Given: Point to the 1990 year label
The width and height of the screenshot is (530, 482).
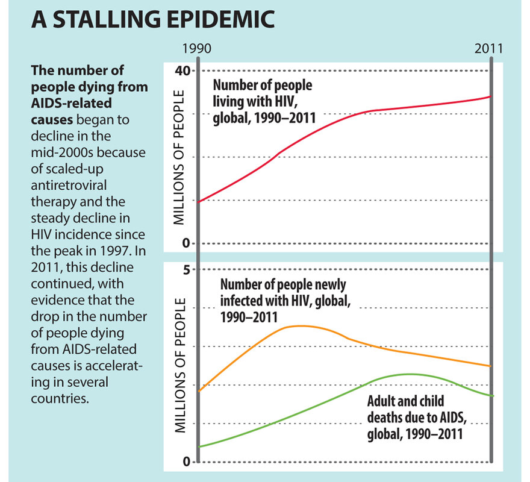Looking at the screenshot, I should click(x=197, y=48).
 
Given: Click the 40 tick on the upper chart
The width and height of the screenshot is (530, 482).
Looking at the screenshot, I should click(x=182, y=70).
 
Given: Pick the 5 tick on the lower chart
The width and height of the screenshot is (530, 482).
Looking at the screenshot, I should click(x=187, y=269).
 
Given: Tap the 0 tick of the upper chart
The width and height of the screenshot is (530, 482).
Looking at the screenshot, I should click(x=187, y=243).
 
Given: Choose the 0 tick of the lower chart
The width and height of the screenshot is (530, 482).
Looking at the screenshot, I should click(x=187, y=462).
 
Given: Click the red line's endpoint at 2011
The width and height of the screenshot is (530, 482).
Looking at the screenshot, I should click(x=491, y=96).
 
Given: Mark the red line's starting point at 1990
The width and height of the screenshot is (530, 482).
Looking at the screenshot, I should click(x=199, y=201).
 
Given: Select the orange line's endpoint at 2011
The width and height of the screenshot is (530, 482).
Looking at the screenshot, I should click(x=491, y=366).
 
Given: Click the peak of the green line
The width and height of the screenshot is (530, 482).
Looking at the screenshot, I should click(x=410, y=374).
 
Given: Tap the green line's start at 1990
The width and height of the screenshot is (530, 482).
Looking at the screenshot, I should click(x=199, y=446).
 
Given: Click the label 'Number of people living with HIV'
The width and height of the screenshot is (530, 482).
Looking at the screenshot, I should click(x=263, y=101).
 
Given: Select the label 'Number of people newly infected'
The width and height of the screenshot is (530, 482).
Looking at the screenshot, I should click(x=283, y=299).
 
